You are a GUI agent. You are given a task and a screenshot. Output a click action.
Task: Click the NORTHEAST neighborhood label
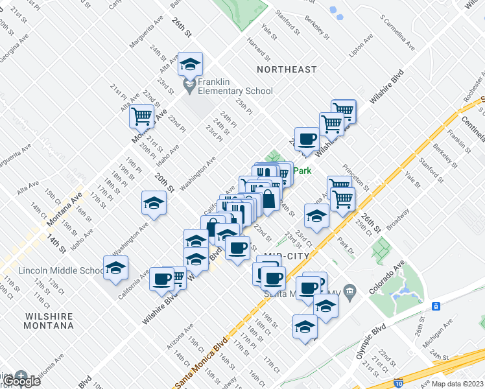[x=287, y=69]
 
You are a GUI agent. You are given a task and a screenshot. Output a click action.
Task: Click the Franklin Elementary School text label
[x=235, y=86]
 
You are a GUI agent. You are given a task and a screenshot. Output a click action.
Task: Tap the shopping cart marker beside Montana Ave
[x=141, y=117]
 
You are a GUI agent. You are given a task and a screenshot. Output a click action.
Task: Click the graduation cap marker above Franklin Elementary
[x=190, y=65]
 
